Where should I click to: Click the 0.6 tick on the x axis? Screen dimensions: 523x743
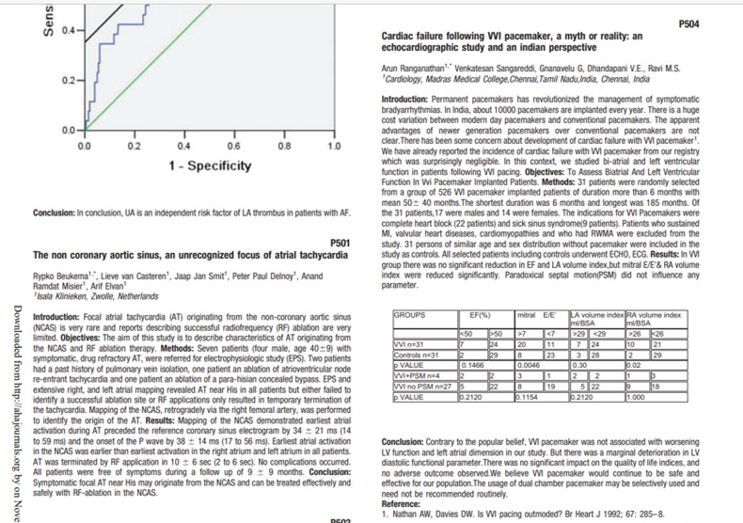[x=232, y=146]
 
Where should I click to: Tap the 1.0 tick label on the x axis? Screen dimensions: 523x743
[x=332, y=146]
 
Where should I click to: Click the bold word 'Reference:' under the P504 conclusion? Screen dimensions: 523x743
[x=403, y=505]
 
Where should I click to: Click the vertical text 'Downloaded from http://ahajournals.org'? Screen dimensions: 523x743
[x=16, y=376]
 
